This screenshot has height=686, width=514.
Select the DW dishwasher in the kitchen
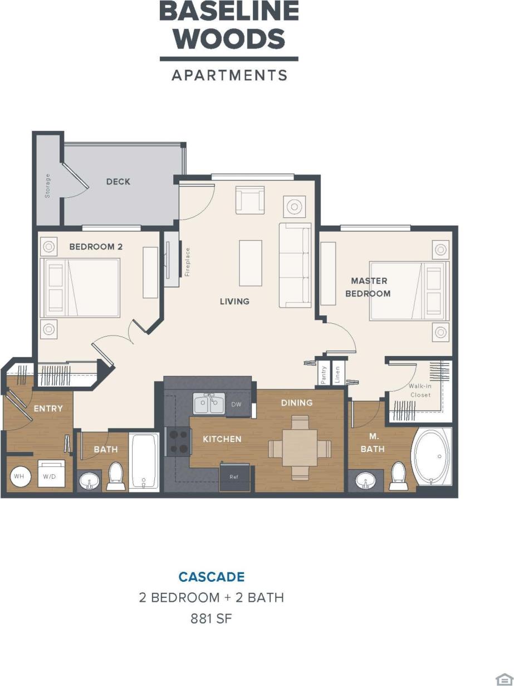point(237,405)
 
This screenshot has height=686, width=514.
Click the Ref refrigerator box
point(234,478)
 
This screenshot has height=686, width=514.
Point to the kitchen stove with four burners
point(178,441)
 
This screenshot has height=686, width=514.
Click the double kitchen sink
point(209,403)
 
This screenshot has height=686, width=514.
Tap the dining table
point(300,448)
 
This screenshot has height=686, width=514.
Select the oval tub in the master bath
point(432,456)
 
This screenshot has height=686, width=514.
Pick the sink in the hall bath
point(90,480)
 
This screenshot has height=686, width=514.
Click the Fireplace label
point(188,262)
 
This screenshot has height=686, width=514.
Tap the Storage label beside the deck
point(48,186)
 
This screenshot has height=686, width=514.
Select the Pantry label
point(323,374)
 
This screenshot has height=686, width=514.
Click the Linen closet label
point(337,374)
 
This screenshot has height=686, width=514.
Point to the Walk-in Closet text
point(420,390)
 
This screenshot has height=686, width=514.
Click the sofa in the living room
point(295,265)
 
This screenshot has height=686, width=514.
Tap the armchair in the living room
point(250,200)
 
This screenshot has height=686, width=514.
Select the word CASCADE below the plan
point(212,577)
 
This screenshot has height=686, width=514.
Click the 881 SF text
point(212,619)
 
